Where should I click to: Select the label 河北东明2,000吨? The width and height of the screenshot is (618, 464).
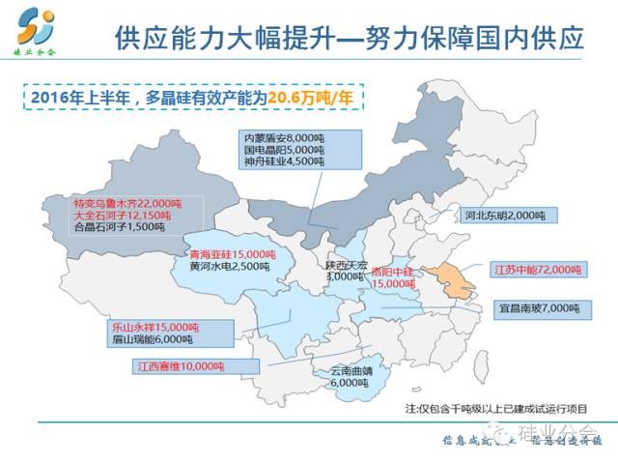click(x=505, y=215)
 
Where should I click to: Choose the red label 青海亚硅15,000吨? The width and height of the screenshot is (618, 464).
click(x=228, y=253)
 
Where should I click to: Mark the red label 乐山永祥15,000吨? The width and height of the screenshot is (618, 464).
click(x=154, y=327)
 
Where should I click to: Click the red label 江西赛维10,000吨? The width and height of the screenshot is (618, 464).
click(x=176, y=367)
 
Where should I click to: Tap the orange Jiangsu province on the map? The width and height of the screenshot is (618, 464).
click(x=448, y=282)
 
